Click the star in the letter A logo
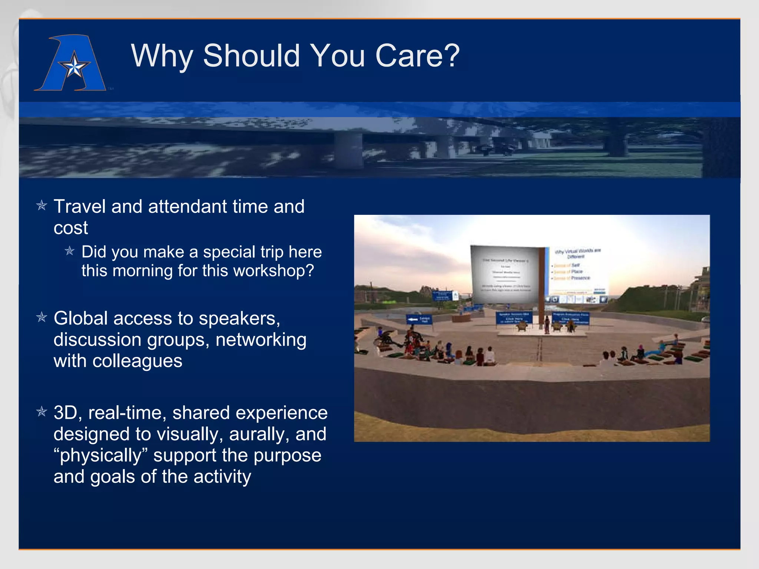(x=74, y=67)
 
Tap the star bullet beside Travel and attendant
(x=42, y=205)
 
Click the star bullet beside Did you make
(x=70, y=251)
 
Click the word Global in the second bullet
(x=80, y=318)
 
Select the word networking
(x=261, y=340)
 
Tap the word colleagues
(x=137, y=361)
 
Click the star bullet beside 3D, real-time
(x=42, y=412)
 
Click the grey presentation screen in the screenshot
(x=506, y=274)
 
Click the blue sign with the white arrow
(x=419, y=319)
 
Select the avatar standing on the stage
(x=547, y=325)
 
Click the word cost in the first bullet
(x=70, y=228)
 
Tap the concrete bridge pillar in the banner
(x=348, y=150)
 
